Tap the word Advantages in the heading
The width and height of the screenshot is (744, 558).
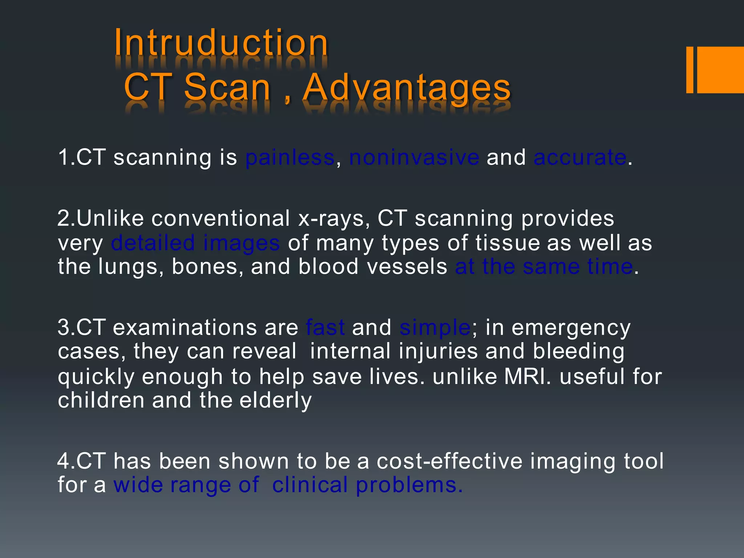coord(407,88)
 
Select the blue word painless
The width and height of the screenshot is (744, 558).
coord(290,158)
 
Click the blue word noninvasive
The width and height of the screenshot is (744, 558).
coord(414,158)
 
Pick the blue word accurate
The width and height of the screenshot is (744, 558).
coord(580,158)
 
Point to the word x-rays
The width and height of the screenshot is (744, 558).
coord(333,218)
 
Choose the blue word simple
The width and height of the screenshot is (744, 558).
coord(434,327)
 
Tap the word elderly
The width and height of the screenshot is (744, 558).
coord(275,401)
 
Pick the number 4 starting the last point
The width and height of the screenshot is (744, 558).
coord(63,461)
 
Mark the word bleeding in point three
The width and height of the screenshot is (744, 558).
coord(578,352)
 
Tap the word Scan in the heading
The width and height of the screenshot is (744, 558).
coord(227,88)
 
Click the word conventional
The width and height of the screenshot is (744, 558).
coord(220,218)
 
